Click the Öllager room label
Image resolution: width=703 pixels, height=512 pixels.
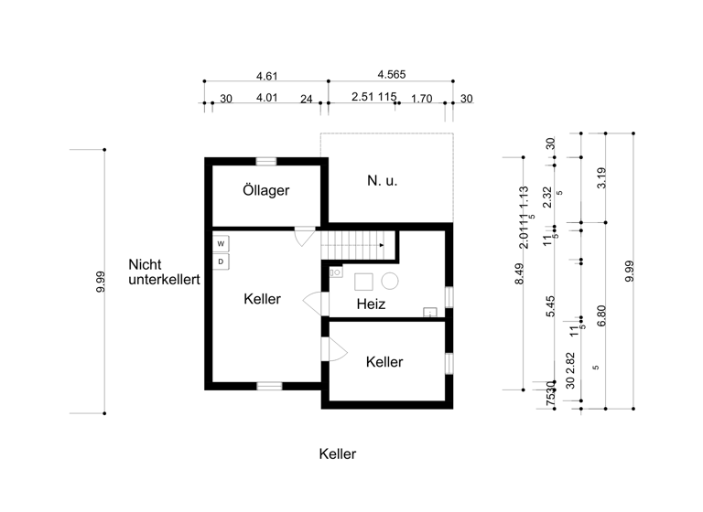pyautogui.click(x=266, y=191)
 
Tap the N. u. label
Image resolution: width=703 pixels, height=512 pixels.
pyautogui.click(x=383, y=181)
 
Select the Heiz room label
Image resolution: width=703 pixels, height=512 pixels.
pyautogui.click(x=371, y=304)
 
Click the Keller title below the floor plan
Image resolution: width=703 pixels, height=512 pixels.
pyautogui.click(x=338, y=453)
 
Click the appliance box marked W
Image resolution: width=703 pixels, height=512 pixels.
pyautogui.click(x=221, y=244)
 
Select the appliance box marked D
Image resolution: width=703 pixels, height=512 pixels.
pyautogui.click(x=221, y=262)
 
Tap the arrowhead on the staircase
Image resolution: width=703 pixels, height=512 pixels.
pyautogui.click(x=382, y=246)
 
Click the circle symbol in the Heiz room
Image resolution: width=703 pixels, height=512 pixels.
pyautogui.click(x=391, y=282)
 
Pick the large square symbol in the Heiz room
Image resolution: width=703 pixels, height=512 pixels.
pyautogui.click(x=364, y=282)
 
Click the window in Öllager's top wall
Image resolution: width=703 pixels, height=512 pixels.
pyautogui.click(x=266, y=161)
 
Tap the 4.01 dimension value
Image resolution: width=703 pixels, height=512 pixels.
pyautogui.click(x=266, y=98)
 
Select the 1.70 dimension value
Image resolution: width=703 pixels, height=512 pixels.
pyautogui.click(x=422, y=98)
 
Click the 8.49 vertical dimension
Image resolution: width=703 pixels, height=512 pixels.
pyautogui.click(x=520, y=275)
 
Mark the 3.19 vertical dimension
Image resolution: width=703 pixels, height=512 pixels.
pyautogui.click(x=601, y=178)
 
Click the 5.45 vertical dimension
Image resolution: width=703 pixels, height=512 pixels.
pyautogui.click(x=551, y=305)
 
